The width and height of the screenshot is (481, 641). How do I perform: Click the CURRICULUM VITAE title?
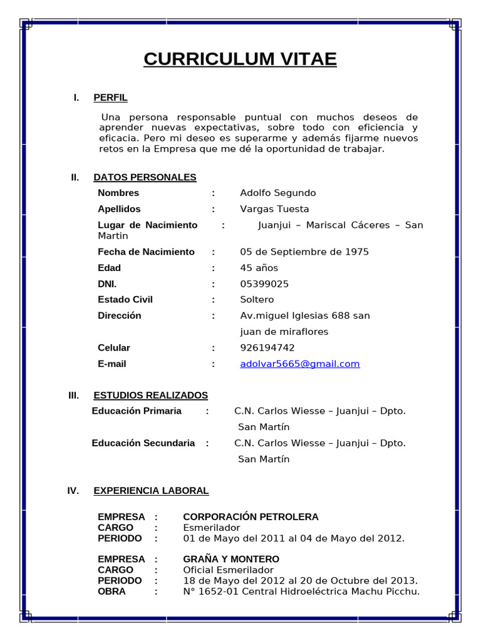tap(240, 59)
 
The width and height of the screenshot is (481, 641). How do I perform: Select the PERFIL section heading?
tap(110, 98)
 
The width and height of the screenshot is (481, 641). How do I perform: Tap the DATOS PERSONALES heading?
tap(145, 177)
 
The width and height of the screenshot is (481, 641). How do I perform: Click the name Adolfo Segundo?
tap(277, 193)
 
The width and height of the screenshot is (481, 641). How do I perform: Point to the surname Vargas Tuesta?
tap(274, 209)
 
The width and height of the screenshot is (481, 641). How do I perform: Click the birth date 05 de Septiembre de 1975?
tap(304, 252)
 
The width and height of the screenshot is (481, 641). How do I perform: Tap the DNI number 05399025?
tap(264, 284)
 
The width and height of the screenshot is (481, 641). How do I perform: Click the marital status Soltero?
tap(257, 300)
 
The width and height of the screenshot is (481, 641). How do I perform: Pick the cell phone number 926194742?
tap(267, 347)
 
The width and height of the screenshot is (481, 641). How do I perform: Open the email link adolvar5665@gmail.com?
tap(300, 364)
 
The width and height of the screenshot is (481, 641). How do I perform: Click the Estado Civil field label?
tap(125, 300)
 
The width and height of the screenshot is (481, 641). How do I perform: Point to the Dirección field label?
tap(120, 315)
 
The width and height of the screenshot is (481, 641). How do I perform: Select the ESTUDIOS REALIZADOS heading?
tap(150, 396)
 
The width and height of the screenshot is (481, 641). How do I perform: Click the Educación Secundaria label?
tap(143, 443)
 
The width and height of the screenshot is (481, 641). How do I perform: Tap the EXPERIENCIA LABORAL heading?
tap(151, 491)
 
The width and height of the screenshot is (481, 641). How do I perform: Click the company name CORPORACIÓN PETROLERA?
tap(251, 517)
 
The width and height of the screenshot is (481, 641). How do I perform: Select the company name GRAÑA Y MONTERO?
tap(231, 559)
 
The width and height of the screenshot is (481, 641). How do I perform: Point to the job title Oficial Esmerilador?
tap(228, 570)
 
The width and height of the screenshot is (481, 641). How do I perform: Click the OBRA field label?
tap(111, 591)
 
